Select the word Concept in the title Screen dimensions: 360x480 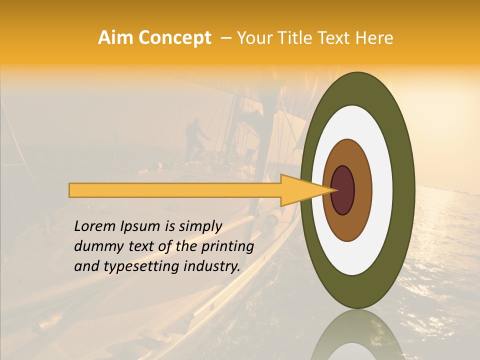(x=174, y=38)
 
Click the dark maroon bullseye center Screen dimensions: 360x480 (x=342, y=190)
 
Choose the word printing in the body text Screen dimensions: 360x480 (x=227, y=247)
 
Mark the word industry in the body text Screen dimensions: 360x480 (x=213, y=266)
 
